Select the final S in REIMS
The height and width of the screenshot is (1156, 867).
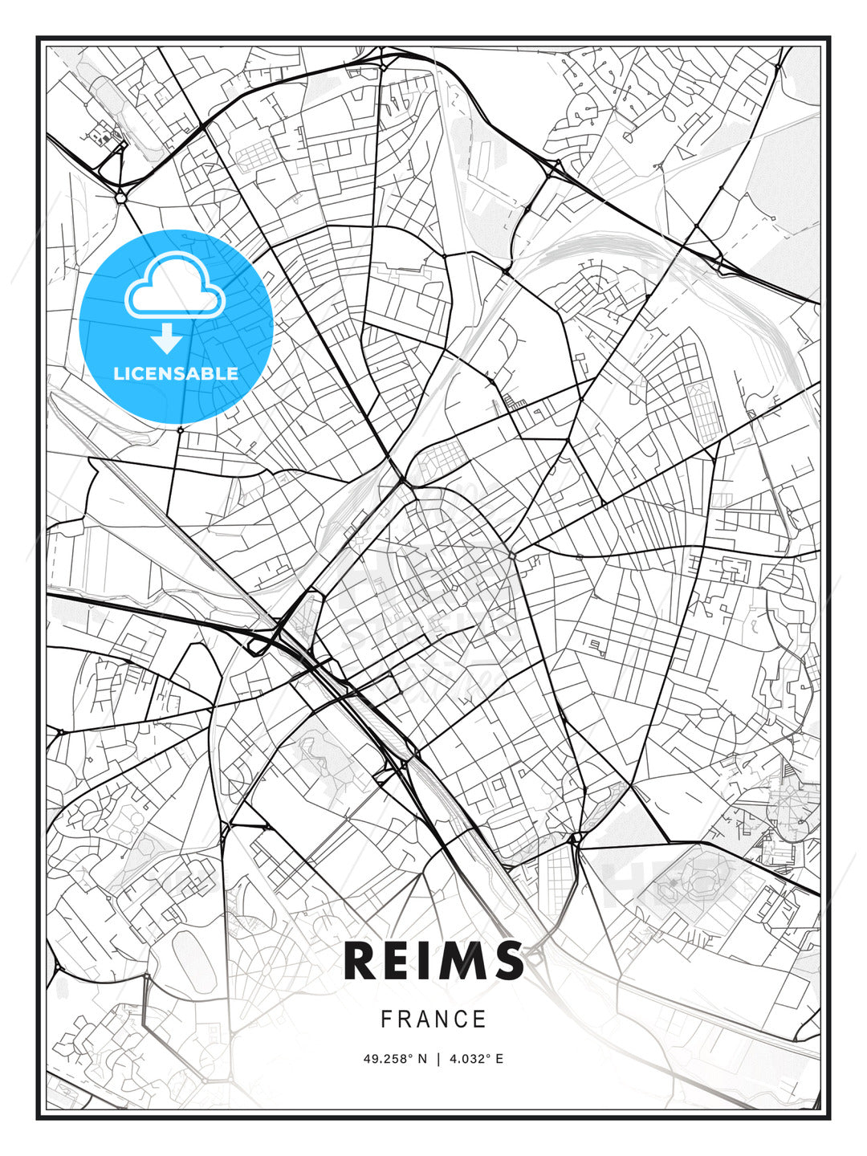[507, 961]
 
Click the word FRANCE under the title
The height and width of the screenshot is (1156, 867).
[433, 1020]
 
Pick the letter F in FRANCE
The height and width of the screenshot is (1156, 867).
[386, 1020]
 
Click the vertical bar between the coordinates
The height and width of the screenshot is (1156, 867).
[438, 1059]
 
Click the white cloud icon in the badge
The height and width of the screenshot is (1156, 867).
[173, 286]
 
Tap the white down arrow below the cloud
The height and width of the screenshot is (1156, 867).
[167, 340]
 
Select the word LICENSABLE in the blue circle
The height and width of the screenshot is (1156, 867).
[176, 373]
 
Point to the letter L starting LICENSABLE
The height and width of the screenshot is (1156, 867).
[117, 373]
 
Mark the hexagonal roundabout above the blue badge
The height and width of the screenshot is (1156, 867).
[120, 197]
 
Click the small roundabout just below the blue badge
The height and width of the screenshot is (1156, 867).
[181, 430]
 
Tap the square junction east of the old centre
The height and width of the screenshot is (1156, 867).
[512, 555]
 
